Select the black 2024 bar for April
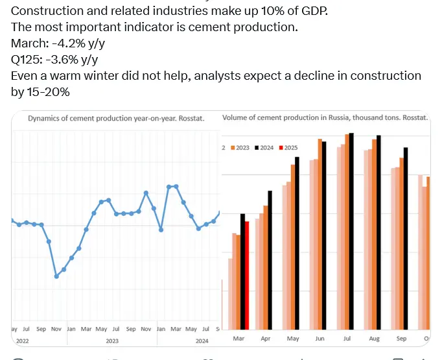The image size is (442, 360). coord(270,259)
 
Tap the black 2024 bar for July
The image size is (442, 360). coord(351,231)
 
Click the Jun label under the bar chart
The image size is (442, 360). coord(320,339)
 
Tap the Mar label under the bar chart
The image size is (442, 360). coord(238,339)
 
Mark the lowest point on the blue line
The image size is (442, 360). coord(56,276)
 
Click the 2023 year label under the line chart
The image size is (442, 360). coord(112,341)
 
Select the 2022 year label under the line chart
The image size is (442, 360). coord(22,341)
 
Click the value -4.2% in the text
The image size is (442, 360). coord(64,43)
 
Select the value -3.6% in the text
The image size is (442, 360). coord(61,60)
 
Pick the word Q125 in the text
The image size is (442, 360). coord(25,60)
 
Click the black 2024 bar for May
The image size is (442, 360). coord(297,243)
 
